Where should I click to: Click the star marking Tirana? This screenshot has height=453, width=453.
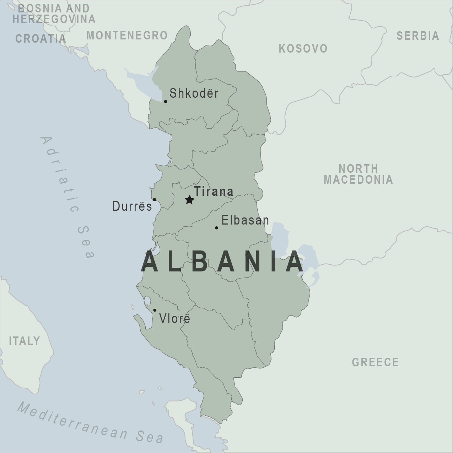[x=189, y=200]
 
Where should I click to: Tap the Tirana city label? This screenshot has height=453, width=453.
[x=214, y=192]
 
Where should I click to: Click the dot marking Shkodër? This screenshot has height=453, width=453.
[x=166, y=102]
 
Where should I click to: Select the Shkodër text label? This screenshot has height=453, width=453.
[x=194, y=93]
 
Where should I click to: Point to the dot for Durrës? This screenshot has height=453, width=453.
[x=154, y=200]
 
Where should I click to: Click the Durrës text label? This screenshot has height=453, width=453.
[x=132, y=206]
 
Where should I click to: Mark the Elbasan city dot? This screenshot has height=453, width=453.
[x=216, y=228]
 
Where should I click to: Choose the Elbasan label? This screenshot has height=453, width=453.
[x=245, y=221]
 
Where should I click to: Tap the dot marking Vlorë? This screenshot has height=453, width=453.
[x=155, y=310]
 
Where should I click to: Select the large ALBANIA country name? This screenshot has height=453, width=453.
[x=222, y=262]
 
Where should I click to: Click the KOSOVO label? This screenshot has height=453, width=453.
[x=303, y=49]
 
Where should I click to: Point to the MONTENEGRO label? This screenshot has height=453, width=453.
[x=127, y=36]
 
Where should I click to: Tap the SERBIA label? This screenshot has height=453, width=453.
[x=418, y=36]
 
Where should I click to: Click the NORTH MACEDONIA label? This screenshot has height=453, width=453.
[x=358, y=174]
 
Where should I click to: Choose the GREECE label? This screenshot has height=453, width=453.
[x=375, y=362]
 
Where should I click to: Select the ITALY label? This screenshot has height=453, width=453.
[x=24, y=341]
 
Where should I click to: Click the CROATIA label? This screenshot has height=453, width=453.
[x=41, y=38]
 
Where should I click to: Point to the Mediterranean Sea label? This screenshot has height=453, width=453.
[x=90, y=423]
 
